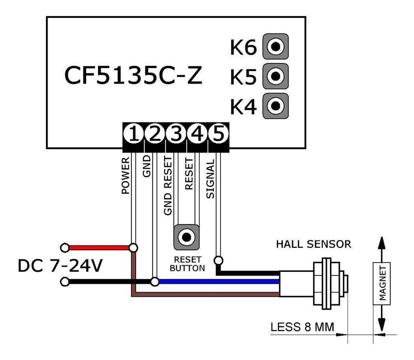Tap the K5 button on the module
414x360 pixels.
coord(275,76)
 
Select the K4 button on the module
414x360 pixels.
coord(275,106)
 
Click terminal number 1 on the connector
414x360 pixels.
coord(134,134)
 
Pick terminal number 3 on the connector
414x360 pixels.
coord(176,134)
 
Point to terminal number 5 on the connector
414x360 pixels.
coord(218,134)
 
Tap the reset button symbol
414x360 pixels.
coord(186,237)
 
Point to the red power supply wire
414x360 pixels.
coord(98,248)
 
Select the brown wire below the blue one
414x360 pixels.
coord(206,295)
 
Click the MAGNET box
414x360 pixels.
coord(382,283)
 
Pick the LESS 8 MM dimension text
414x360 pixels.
coord(302,327)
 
